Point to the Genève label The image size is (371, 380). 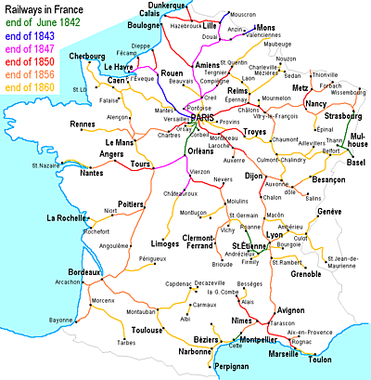[328, 213]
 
